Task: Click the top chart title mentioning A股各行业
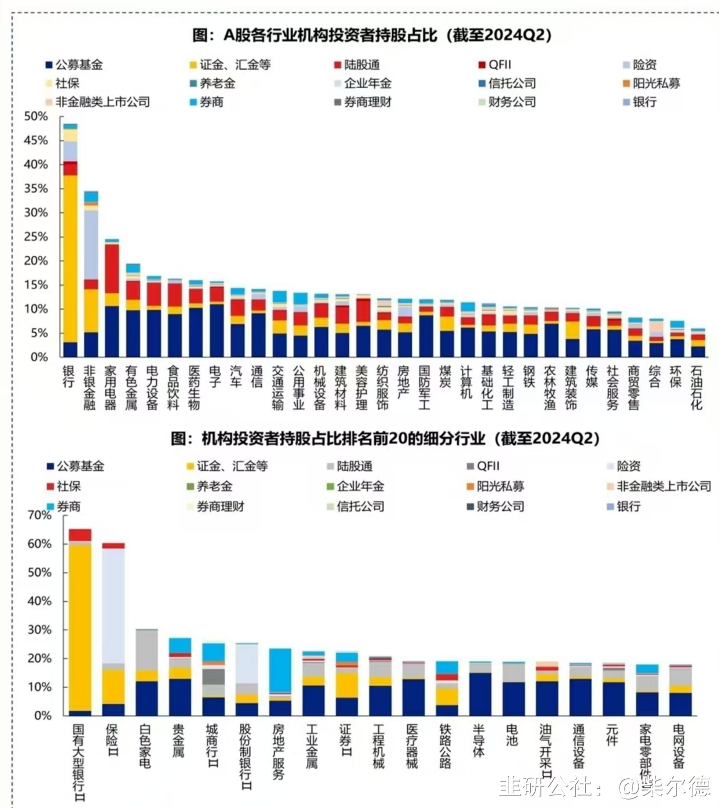tap(371, 35)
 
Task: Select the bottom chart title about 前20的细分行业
tap(385, 438)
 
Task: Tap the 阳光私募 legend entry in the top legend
tap(656, 83)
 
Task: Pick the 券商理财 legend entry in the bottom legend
tap(220, 506)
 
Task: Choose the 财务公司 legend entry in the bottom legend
tap(500, 506)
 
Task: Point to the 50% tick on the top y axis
tap(36, 116)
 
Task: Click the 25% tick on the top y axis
tap(36, 237)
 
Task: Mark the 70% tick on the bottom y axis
tap(39, 515)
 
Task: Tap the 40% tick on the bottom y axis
tap(39, 601)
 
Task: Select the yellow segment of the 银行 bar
tap(70, 258)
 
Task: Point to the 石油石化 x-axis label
tap(697, 388)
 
